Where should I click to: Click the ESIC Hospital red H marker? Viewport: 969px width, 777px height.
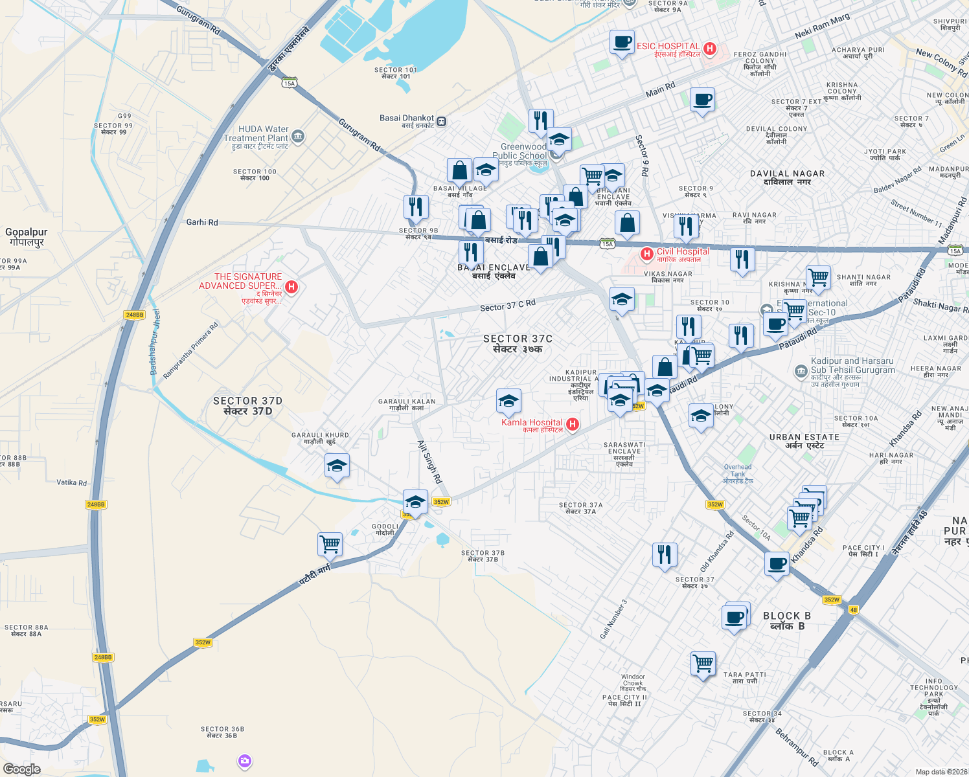tap(710, 49)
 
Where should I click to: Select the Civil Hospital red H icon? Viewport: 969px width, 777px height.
tap(646, 254)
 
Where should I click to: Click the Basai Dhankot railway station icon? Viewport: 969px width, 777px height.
tap(442, 121)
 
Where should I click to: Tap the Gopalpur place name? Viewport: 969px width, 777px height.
tap(26, 237)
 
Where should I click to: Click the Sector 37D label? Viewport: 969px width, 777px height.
tap(247, 406)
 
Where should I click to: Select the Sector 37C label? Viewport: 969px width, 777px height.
tap(518, 343)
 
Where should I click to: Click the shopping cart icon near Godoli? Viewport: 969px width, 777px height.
tap(330, 544)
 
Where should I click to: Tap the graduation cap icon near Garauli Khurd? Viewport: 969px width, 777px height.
tap(337, 466)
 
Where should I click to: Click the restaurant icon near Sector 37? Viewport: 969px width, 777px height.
tap(665, 555)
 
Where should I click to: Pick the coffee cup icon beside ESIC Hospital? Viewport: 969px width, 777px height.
tap(622, 43)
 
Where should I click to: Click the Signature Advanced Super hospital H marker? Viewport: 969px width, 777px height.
tap(291, 286)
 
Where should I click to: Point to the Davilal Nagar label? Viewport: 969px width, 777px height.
tap(787, 177)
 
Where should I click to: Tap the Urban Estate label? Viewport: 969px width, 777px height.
tap(804, 441)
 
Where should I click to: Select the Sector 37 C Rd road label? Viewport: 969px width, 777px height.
tap(508, 305)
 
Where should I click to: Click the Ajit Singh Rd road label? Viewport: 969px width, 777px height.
tap(429, 462)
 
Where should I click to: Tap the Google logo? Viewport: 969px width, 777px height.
tap(22, 769)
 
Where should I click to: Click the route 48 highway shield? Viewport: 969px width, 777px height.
tap(854, 610)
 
